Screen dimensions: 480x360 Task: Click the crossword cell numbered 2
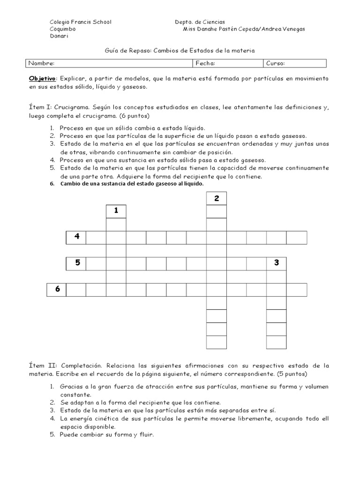tap(217, 199)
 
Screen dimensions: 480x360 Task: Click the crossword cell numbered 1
tap(116, 211)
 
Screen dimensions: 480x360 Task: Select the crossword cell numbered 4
tap(76, 237)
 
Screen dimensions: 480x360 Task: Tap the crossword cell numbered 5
tap(76, 263)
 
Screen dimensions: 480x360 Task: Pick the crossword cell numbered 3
tap(277, 263)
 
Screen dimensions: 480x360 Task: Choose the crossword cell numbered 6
tap(57, 290)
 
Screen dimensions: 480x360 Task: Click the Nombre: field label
tap(41, 63)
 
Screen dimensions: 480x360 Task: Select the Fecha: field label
tap(205, 63)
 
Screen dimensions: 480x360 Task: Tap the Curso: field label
tap(276, 63)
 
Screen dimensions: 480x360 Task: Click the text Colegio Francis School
tap(80, 22)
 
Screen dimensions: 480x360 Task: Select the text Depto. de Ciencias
tap(200, 22)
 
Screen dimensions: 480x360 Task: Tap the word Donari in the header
tap(59, 36)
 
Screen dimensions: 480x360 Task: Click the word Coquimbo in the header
tap(63, 29)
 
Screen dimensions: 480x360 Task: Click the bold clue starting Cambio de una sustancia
tap(132, 184)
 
